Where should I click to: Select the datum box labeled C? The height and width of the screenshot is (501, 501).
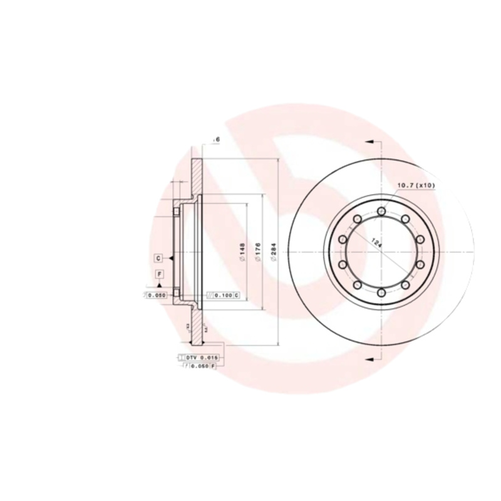click(159, 258)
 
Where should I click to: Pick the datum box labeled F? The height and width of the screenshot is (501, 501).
click(159, 274)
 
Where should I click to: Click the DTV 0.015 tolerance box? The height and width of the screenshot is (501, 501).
click(200, 357)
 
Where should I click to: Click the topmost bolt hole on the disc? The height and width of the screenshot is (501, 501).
click(381, 212)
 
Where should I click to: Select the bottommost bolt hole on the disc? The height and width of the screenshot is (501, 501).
click(381, 292)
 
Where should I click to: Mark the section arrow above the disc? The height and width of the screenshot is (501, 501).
click(370, 143)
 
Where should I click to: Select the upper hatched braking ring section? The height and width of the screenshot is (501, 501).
click(197, 178)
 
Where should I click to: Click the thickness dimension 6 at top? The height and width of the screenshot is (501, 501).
click(217, 139)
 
